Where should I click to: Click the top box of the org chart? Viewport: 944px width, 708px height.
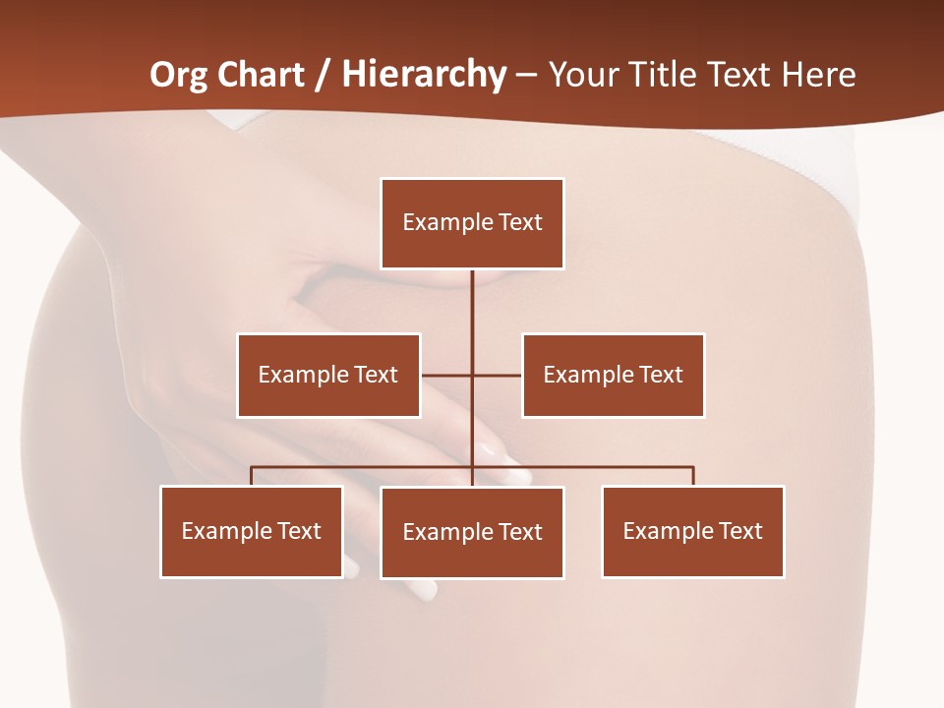472,223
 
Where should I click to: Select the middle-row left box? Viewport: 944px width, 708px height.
328,375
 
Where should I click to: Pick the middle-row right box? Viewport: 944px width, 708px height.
614,375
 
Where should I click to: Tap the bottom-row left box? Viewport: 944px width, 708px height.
252,531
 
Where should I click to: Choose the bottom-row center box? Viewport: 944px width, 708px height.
472,532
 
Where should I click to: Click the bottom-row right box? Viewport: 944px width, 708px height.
693,531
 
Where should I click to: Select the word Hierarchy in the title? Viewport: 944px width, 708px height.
424,75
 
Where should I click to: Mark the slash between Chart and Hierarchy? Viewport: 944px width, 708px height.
323,75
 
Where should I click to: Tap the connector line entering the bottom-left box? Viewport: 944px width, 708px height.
252,476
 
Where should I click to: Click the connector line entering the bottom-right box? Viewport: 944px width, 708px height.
693,476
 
